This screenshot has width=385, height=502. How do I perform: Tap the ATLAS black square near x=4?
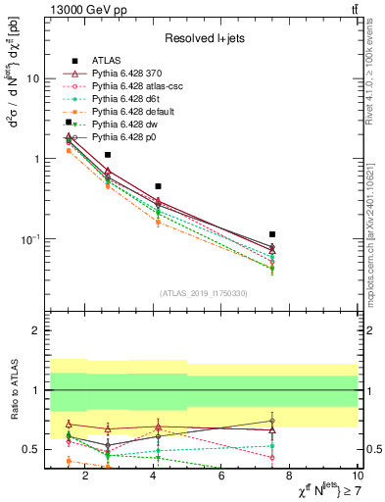click(x=158, y=186)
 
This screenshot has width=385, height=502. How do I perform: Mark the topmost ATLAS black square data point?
click(x=69, y=123)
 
